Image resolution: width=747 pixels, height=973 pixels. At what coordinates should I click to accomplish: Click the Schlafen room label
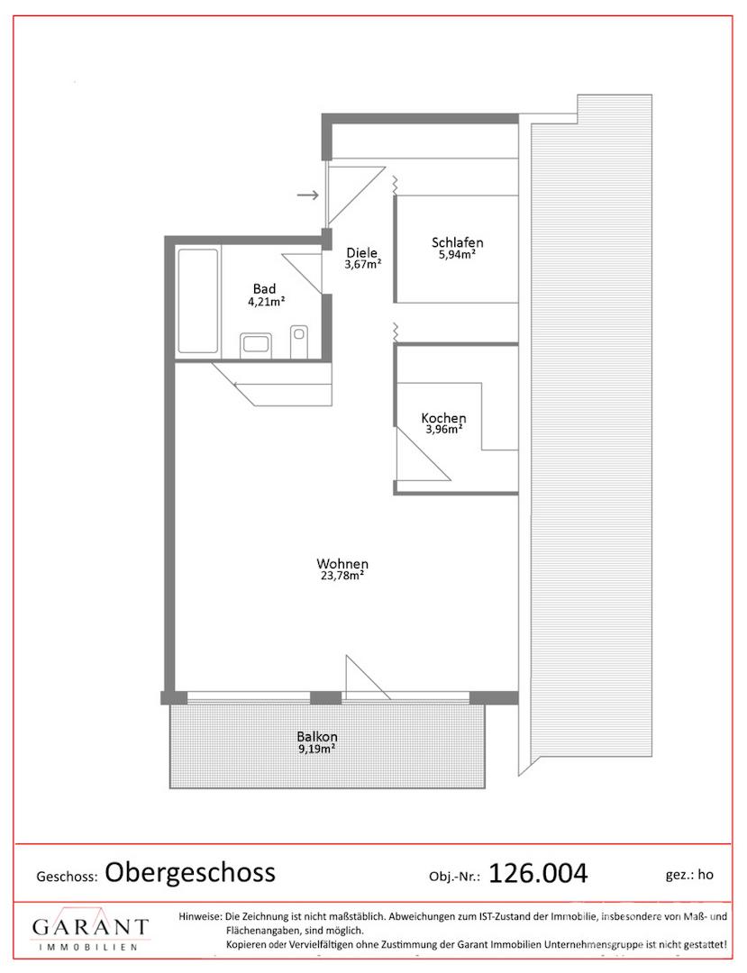[x=457, y=242]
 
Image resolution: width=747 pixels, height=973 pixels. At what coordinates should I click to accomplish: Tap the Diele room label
[x=361, y=252]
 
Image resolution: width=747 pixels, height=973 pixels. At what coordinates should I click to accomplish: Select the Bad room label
[x=264, y=288]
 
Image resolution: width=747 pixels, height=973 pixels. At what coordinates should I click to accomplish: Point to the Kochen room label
[x=443, y=418]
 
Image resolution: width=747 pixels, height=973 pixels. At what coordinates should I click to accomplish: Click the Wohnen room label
[x=342, y=564]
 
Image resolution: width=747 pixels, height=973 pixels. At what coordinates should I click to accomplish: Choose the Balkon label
[x=317, y=737]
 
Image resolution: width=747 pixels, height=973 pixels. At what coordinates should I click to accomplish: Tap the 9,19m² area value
[x=316, y=749]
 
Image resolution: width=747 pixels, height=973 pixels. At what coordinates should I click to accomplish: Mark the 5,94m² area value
[x=457, y=254]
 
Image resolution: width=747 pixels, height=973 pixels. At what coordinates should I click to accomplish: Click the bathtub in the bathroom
[x=198, y=301]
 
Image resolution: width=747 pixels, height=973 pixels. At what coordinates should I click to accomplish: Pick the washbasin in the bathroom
[x=256, y=345]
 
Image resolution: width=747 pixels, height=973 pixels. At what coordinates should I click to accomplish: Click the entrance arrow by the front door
[x=308, y=196]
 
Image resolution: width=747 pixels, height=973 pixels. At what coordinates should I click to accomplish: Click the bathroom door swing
[x=302, y=274]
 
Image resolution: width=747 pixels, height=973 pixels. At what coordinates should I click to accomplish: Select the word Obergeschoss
[x=190, y=872]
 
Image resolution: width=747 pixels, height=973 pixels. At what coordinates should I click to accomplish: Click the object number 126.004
[x=538, y=873]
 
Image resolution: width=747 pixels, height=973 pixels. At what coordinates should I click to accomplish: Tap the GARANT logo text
[x=91, y=928]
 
